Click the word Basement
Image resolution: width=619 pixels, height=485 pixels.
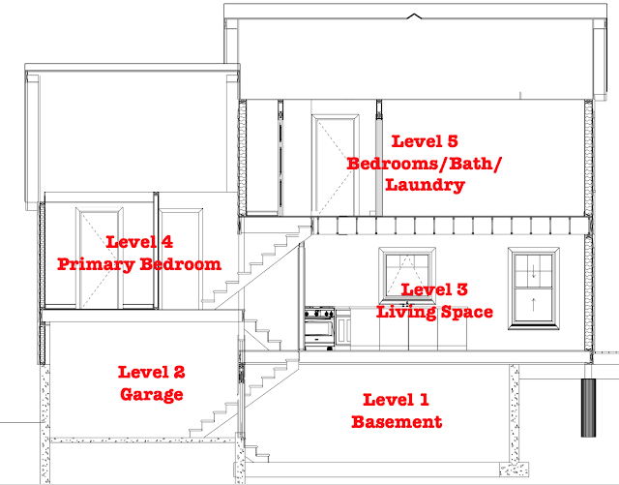(397, 422)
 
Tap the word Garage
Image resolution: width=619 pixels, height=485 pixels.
(152, 394)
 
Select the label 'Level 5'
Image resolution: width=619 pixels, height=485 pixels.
(425, 141)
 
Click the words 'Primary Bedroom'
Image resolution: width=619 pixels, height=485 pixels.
(139, 264)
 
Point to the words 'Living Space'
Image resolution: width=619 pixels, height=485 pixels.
(434, 312)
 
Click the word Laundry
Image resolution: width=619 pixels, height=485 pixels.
(426, 185)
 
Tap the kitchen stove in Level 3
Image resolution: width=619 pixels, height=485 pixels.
(320, 328)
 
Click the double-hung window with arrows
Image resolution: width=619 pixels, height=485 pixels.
(533, 288)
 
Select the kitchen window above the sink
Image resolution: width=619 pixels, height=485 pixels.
(407, 274)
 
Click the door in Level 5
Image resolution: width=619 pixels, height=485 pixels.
(336, 165)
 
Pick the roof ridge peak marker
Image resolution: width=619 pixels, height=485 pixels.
(414, 15)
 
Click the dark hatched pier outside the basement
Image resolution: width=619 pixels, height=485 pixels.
(588, 408)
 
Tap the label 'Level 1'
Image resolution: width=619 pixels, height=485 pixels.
(396, 400)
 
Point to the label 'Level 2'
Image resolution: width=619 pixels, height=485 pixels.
(152, 373)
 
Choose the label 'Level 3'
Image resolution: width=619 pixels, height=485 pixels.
(434, 289)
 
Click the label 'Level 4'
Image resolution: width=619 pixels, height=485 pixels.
(139, 242)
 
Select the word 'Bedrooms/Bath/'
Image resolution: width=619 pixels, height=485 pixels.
(424, 164)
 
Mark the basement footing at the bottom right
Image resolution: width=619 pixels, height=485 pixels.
(514, 470)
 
